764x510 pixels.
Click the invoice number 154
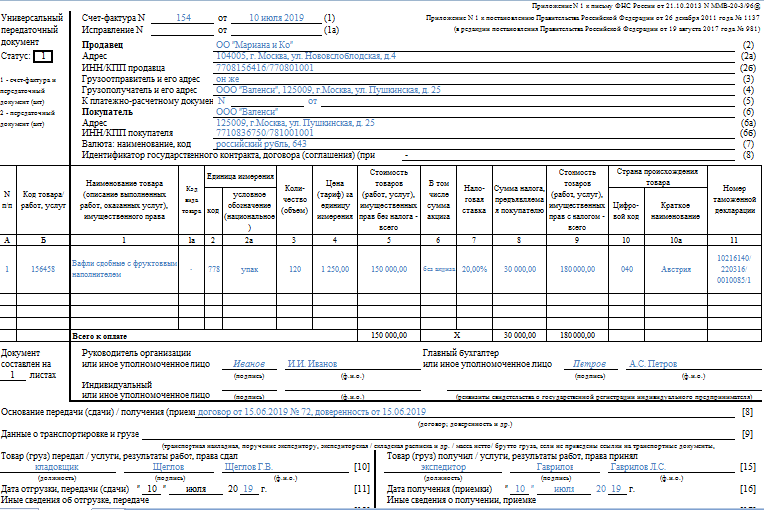(x=182, y=19)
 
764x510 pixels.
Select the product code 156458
(x=44, y=269)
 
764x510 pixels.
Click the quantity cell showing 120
(x=294, y=269)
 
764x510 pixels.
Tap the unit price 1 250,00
(x=334, y=269)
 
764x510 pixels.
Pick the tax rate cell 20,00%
(x=474, y=269)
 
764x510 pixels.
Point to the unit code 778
(x=214, y=269)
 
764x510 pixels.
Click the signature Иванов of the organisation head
(x=249, y=365)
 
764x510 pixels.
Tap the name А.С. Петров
(x=653, y=365)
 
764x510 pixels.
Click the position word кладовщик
(x=57, y=466)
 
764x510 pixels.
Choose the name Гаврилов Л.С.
(x=638, y=466)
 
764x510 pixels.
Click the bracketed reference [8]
(x=746, y=412)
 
